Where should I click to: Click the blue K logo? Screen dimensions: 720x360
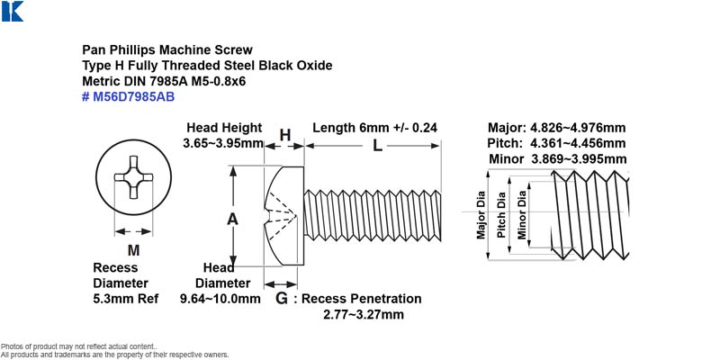(13, 11)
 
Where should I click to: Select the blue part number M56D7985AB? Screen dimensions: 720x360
(128, 97)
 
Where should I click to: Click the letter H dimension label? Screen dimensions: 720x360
(285, 135)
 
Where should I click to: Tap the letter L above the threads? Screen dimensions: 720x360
(377, 146)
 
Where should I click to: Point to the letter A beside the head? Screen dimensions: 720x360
(232, 220)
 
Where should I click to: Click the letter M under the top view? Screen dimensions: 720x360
(133, 251)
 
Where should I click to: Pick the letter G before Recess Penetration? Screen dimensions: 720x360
(282, 299)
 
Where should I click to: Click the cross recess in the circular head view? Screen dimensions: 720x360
(133, 177)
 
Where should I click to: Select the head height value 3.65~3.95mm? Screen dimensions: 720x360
(223, 143)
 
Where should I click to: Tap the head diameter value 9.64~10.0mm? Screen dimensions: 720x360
(220, 299)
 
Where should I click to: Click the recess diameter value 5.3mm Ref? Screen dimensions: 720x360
(126, 299)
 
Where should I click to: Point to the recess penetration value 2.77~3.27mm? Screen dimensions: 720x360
(364, 314)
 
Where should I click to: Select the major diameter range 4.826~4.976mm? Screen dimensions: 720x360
(578, 128)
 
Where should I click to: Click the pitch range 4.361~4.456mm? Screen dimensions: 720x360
(578, 143)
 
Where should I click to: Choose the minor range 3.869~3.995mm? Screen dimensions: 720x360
(579, 159)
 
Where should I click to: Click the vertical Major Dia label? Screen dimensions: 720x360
(481, 214)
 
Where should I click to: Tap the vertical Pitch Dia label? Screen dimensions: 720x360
(501, 214)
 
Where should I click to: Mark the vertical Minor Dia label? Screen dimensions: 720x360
(522, 214)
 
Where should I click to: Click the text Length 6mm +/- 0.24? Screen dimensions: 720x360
(374, 128)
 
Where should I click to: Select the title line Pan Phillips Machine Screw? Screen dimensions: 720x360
(167, 49)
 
